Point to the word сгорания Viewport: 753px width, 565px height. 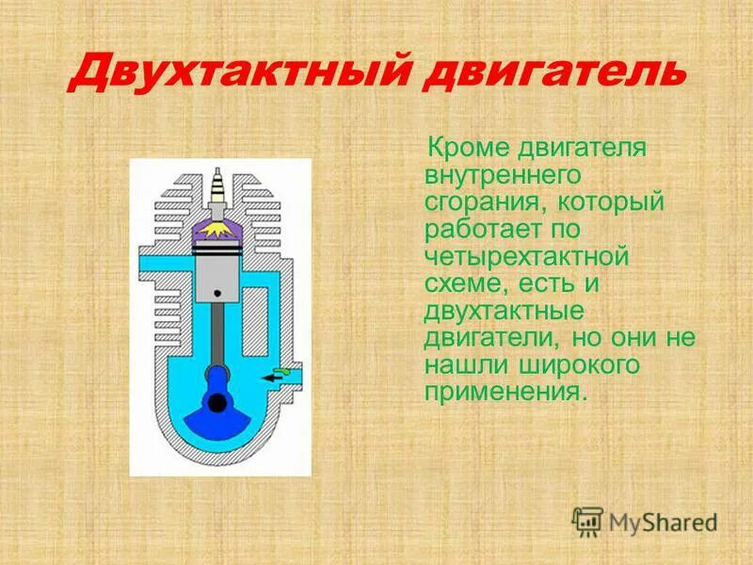482,202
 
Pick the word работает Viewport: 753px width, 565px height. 483,229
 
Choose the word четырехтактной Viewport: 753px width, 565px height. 525,255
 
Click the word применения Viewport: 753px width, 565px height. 505,390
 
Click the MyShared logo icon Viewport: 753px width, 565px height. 587,521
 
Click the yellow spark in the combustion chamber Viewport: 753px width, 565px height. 220,228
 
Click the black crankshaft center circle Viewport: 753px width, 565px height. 218,403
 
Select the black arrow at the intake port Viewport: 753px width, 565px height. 275,377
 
